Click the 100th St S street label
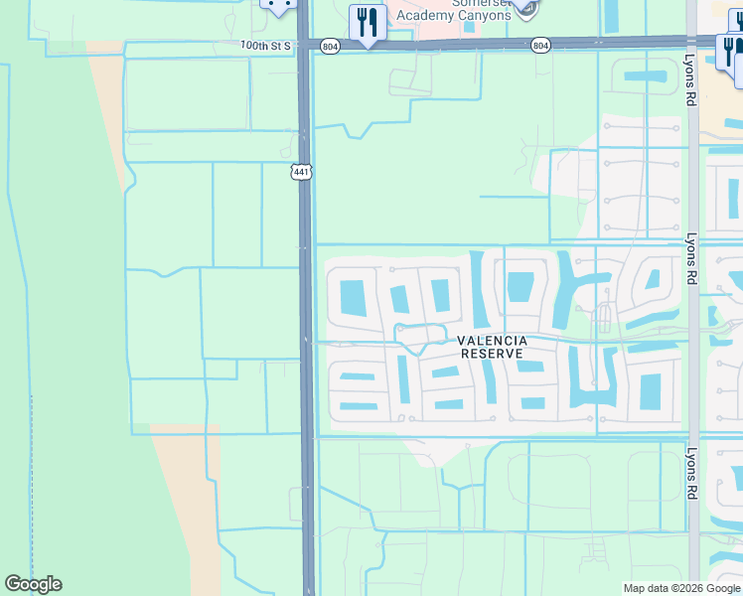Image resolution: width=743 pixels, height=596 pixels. pyautogui.click(x=263, y=45)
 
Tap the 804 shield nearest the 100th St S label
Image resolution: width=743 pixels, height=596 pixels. pyautogui.click(x=330, y=45)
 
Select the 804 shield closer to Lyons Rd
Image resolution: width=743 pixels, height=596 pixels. pyautogui.click(x=539, y=45)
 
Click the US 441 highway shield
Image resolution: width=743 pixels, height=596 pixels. pyautogui.click(x=301, y=173)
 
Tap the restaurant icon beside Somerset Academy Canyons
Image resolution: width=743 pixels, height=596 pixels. pyautogui.click(x=368, y=22)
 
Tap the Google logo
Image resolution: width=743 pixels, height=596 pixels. pyautogui.click(x=34, y=584)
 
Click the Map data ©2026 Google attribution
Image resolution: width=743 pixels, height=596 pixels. pyautogui.click(x=680, y=588)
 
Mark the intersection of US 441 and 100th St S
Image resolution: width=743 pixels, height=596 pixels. pyautogui.click(x=305, y=45)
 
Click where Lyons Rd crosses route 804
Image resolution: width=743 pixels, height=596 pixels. pyautogui.click(x=691, y=43)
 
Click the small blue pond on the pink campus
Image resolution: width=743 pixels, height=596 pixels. pyautogui.click(x=469, y=27)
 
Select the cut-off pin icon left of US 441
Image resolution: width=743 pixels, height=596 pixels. pyautogui.click(x=279, y=5)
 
